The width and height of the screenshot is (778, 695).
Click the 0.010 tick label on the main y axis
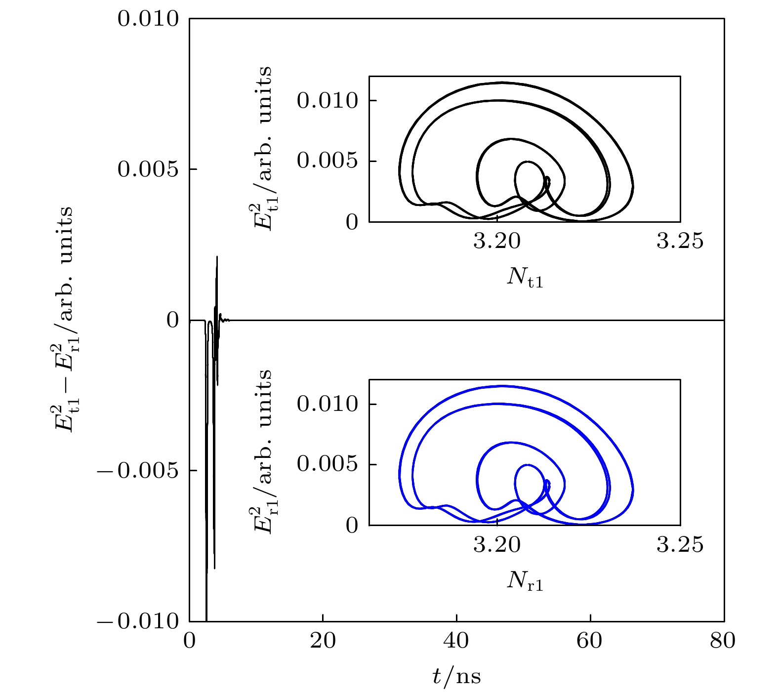pos(148,19)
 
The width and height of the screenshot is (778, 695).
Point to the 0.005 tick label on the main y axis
pos(148,169)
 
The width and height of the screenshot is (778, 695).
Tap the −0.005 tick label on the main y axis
pos(138,471)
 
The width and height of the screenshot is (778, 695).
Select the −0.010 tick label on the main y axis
pos(138,621)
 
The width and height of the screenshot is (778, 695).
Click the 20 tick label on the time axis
pos(323,641)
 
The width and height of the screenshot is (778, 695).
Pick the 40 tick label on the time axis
pos(456,641)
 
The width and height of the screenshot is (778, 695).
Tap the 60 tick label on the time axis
pos(590,641)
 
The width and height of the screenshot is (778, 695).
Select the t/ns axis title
pos(456,676)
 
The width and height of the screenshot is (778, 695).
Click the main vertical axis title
pos(65,320)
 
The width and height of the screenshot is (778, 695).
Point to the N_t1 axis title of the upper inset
pos(525,278)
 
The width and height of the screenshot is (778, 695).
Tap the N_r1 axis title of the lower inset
pos(525,581)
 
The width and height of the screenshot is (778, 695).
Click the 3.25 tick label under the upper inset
pos(680,242)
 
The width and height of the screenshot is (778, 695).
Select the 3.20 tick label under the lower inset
pos(497,545)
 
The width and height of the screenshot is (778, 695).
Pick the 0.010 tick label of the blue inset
pos(327,404)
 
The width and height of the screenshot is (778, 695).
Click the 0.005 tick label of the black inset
pos(327,161)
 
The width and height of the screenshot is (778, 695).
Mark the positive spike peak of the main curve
pos(217,257)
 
